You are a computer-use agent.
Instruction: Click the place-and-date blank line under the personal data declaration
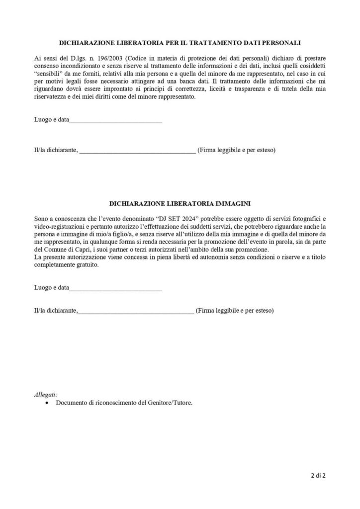115,121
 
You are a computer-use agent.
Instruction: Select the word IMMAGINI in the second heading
227,204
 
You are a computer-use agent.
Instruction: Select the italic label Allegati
46,395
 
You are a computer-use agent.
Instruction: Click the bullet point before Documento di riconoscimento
46,403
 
